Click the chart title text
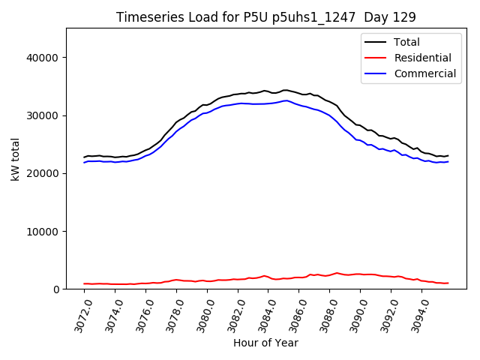265,17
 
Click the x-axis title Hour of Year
265,343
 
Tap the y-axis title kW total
15,159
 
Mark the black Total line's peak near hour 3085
284,90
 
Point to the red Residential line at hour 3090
361,274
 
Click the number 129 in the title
406,17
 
